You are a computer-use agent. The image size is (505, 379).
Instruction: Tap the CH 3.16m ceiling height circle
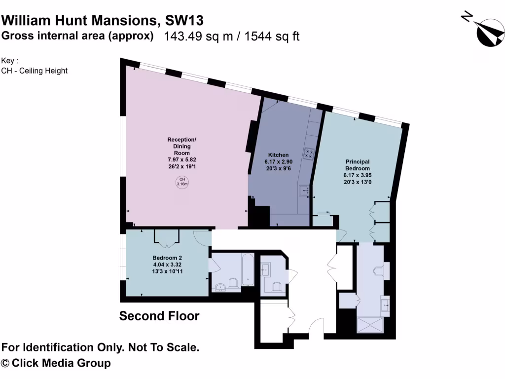[x=182, y=182]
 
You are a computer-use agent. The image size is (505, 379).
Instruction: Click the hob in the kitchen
[x=309, y=153]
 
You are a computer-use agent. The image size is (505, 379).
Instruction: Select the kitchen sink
[x=304, y=190]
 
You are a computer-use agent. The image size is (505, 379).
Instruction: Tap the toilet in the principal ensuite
[x=379, y=271]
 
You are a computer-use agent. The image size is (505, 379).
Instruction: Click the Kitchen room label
[x=278, y=155]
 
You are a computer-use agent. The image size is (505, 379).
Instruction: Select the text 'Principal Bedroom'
[x=358, y=165]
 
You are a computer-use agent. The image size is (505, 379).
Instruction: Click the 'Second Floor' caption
[x=159, y=316]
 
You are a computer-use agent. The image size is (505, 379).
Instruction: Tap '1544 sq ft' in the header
[x=272, y=36]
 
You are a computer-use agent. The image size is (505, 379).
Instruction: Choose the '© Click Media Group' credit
[x=56, y=363]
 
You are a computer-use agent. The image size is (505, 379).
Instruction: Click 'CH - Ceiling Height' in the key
[x=35, y=71]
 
